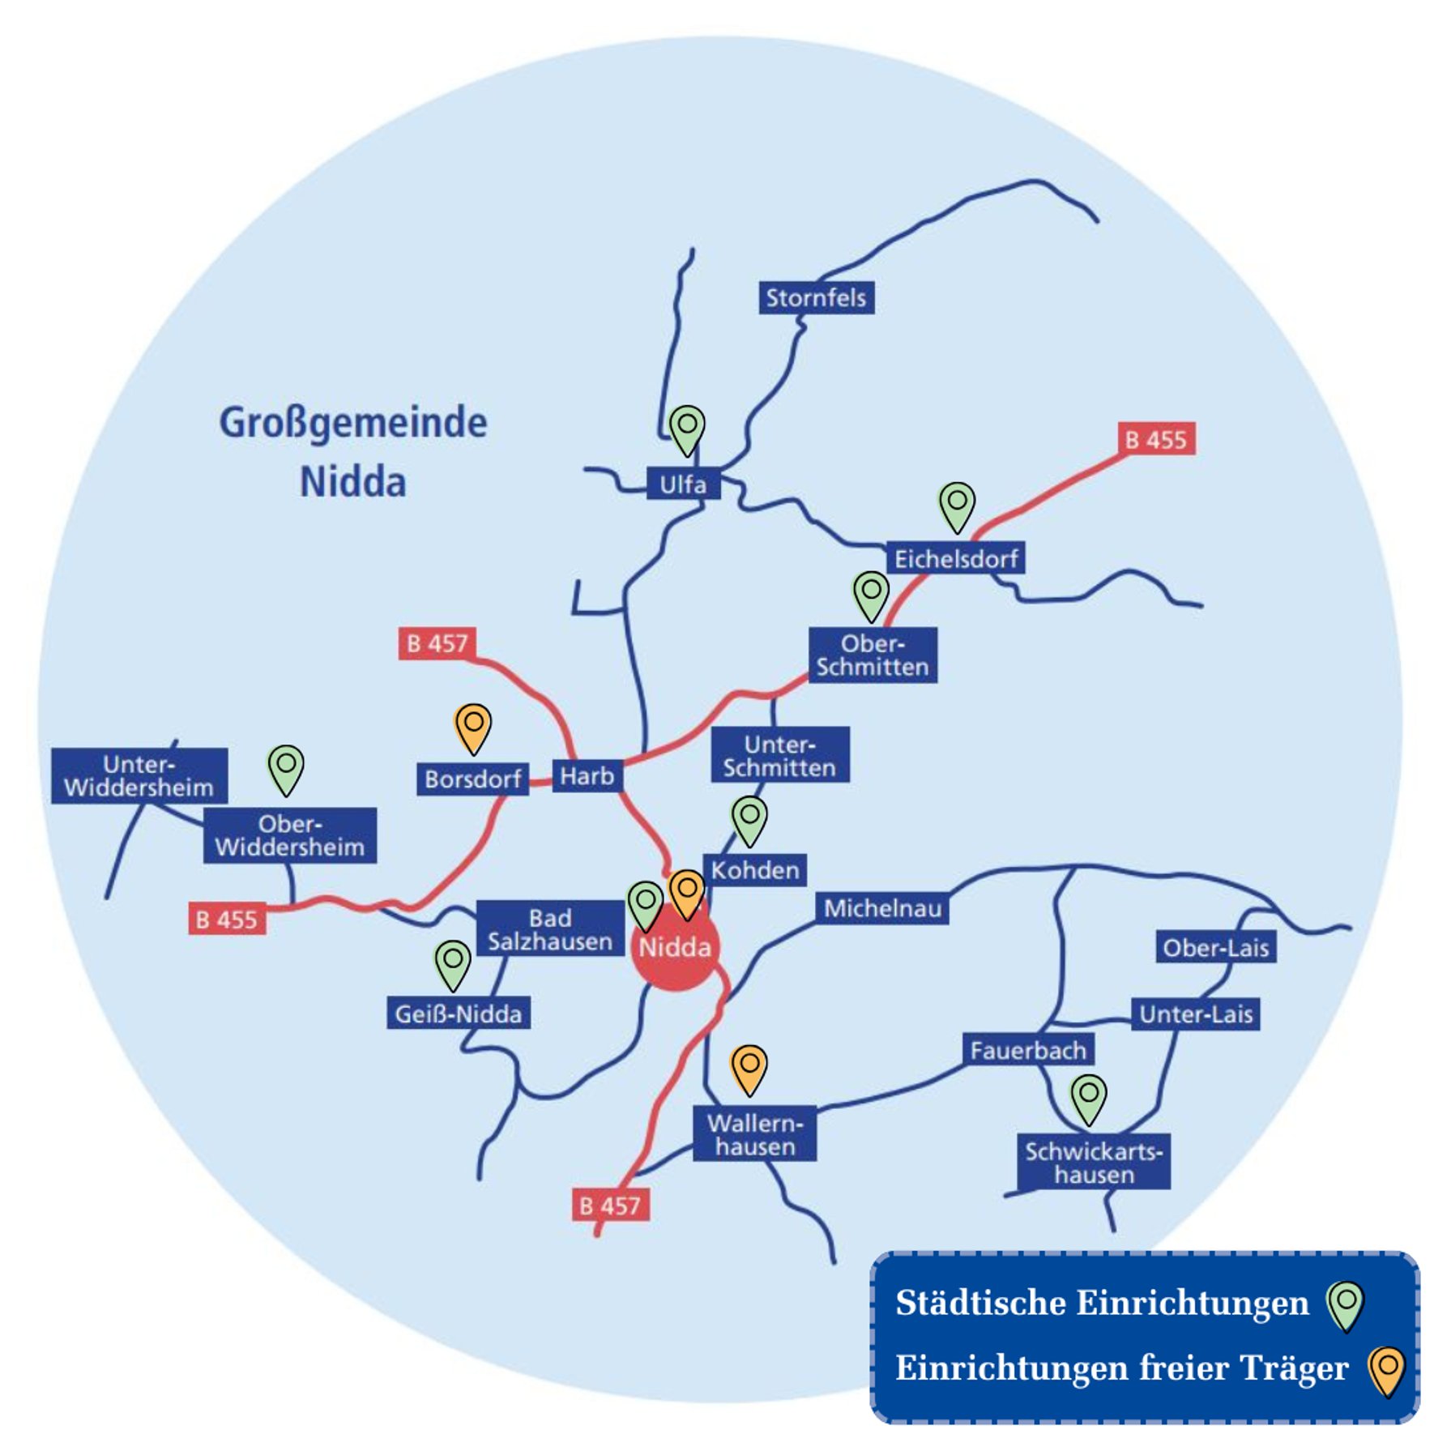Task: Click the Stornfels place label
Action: [x=815, y=298]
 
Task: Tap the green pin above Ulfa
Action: [x=687, y=427]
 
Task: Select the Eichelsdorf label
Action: [x=955, y=558]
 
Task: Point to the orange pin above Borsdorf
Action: [x=473, y=725]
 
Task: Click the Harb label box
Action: [x=587, y=776]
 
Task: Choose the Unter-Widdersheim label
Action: [x=139, y=775]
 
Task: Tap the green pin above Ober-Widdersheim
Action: [x=286, y=766]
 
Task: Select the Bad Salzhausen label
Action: [x=550, y=929]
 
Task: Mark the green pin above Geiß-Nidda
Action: [x=453, y=962]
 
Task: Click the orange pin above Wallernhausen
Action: [x=749, y=1066]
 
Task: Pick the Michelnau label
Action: [x=881, y=909]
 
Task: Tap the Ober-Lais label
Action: [x=1215, y=948]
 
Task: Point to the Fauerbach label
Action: [x=1028, y=1051]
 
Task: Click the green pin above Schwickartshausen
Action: [x=1089, y=1096]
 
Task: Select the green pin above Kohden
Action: [x=749, y=817]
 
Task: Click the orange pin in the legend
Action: [x=1386, y=1368]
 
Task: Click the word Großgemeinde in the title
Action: [x=353, y=423]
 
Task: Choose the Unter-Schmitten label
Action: [x=780, y=755]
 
